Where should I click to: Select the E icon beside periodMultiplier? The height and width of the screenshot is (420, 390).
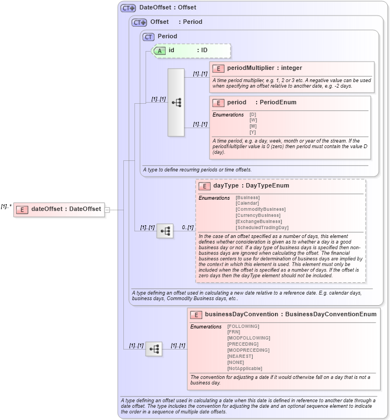[x=218, y=68]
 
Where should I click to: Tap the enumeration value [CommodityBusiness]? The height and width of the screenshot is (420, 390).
[x=260, y=209]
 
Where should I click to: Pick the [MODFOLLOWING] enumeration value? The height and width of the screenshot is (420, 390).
[x=248, y=338]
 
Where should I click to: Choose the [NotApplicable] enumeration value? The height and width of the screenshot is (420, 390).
[x=244, y=368]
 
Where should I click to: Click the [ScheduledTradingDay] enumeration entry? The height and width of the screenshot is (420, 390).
[x=262, y=227]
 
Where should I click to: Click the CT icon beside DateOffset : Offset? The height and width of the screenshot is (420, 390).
[x=128, y=8]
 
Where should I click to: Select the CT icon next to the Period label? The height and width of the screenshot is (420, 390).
[x=148, y=37]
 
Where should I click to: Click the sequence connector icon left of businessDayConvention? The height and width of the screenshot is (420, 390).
[x=154, y=348]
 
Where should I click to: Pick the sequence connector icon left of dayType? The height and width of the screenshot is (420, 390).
[x=165, y=231]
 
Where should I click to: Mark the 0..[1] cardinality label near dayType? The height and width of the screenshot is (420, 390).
[x=188, y=227]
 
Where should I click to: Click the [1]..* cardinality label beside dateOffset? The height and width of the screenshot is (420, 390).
[x=6, y=206]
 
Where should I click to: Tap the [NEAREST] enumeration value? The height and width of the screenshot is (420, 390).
[x=240, y=356]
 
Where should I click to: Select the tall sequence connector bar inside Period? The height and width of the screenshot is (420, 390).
[x=176, y=103]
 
